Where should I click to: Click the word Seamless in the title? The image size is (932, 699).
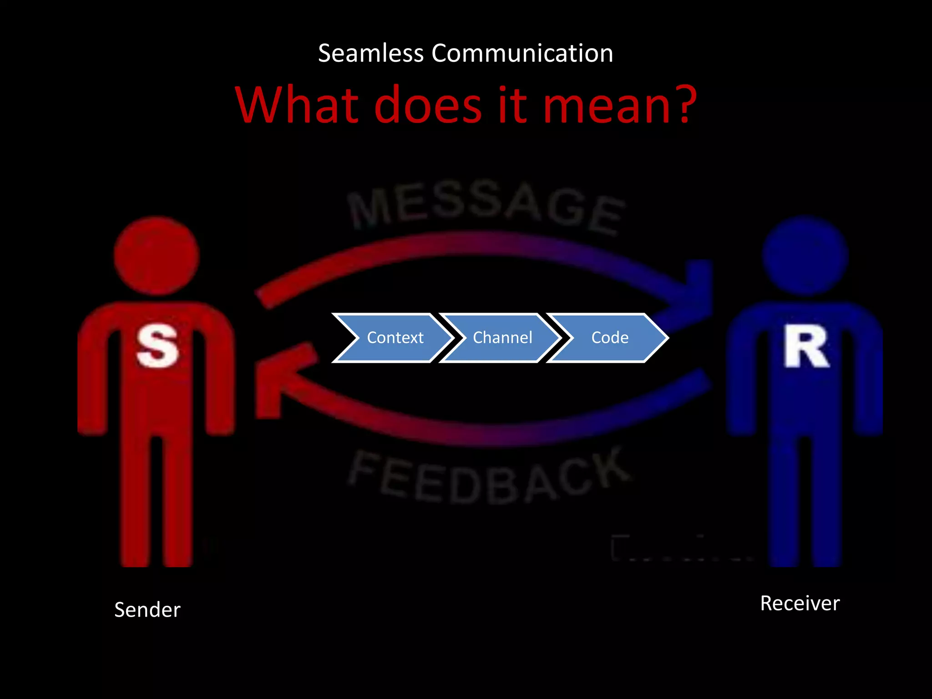pos(370,53)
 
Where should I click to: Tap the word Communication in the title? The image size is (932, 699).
pos(522,53)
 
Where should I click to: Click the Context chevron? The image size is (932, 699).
pos(394,338)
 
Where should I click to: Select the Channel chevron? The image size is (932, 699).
pos(502,338)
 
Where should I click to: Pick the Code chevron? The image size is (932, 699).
pos(609,338)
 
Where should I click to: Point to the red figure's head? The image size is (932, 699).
pos(157,256)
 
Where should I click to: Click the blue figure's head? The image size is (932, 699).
pos(805,256)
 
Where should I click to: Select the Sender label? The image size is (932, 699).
pos(147,610)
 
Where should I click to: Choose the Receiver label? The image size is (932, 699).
pos(800,603)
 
